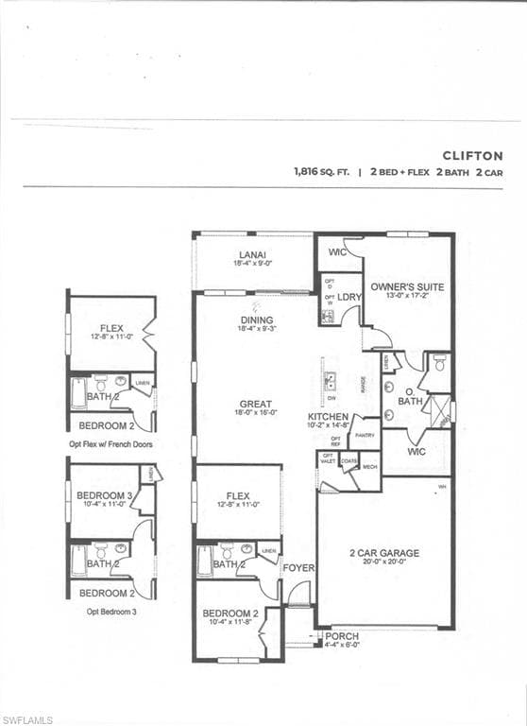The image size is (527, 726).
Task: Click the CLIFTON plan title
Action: pos(473,155)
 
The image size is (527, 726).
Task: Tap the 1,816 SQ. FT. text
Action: pos(321,173)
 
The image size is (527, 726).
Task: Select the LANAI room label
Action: pos(252,255)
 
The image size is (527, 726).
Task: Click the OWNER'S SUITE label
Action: pos(407,285)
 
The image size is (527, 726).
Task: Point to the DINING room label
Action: pos(256,320)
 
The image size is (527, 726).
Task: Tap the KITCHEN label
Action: pos(329,416)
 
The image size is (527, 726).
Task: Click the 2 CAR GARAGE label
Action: pos(384,553)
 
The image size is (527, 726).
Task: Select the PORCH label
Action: pos(342,636)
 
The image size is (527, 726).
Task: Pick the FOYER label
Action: pos(298,567)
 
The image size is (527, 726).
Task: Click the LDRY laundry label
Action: pos(349,297)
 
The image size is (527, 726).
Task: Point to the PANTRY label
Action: pos(365,435)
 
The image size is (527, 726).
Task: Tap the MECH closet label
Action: pos(369,466)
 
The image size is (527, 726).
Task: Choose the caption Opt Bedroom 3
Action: pos(111,612)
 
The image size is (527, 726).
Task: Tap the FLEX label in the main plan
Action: pos(238,495)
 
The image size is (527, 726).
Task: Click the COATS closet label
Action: pos(349,462)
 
